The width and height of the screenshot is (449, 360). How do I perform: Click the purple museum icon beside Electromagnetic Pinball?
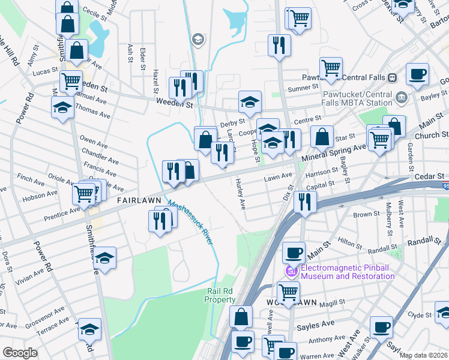point(292,271)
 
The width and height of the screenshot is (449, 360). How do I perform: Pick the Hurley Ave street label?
point(241,194)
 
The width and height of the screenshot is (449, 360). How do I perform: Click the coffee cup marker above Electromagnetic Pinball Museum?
point(294,253)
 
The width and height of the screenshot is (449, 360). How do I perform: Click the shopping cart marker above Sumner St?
point(331,68)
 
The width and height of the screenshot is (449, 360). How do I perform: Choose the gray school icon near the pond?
point(197,40)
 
